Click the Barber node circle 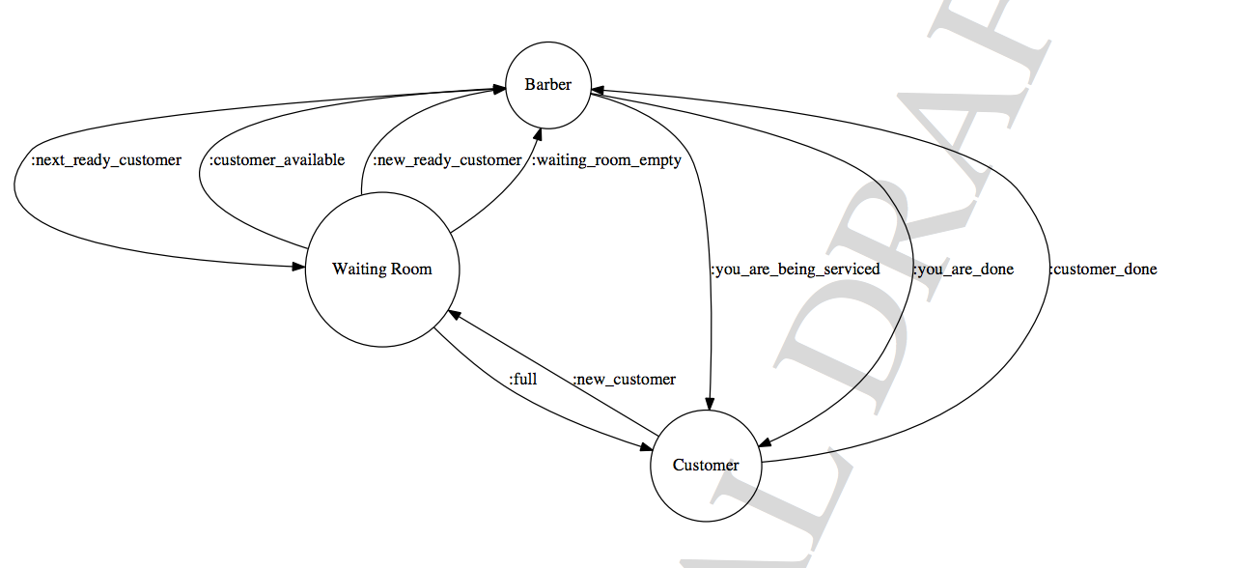coord(547,85)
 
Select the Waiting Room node coord(382,269)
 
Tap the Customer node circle coord(706,465)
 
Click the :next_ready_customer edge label coord(106,160)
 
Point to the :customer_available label coord(277,160)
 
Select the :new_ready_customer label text coord(447,160)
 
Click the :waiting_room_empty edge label coord(606,160)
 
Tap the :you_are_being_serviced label coord(795,269)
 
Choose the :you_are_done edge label coord(963,269)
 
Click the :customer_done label coord(1103,269)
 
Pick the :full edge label coord(522,379)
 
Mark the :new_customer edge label coord(624,379)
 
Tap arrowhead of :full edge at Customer coord(648,446)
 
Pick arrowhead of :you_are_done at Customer coord(763,442)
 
